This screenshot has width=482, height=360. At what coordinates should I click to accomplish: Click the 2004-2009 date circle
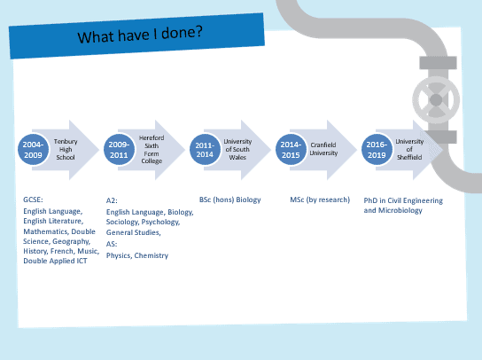click(33, 150)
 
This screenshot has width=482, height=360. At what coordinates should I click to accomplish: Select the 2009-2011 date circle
click(119, 150)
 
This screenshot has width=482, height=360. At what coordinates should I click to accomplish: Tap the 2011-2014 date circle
click(205, 150)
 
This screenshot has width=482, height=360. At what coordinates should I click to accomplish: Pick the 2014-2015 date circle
click(291, 150)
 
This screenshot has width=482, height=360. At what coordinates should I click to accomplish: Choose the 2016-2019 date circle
click(377, 150)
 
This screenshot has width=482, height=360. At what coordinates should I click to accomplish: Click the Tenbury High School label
click(66, 149)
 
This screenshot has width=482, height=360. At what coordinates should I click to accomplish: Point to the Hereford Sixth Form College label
click(152, 149)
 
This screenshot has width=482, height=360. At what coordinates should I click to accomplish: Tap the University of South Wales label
click(237, 149)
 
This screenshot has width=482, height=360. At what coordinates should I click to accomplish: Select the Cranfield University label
click(323, 149)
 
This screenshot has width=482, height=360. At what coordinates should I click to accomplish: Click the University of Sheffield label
click(409, 149)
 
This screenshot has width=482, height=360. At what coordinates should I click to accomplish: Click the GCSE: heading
click(33, 200)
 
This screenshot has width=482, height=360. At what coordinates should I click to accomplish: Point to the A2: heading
click(112, 200)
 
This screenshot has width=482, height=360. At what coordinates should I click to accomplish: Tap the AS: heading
click(112, 244)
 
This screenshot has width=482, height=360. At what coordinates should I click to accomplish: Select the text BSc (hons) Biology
click(230, 200)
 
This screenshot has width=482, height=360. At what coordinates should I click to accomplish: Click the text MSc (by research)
click(320, 200)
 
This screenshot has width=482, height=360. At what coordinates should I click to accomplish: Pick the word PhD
click(370, 200)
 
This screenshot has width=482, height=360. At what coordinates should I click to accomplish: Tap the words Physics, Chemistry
click(137, 255)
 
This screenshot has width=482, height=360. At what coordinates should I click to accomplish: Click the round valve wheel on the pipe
click(436, 100)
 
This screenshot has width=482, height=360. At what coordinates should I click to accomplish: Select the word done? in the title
click(182, 32)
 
